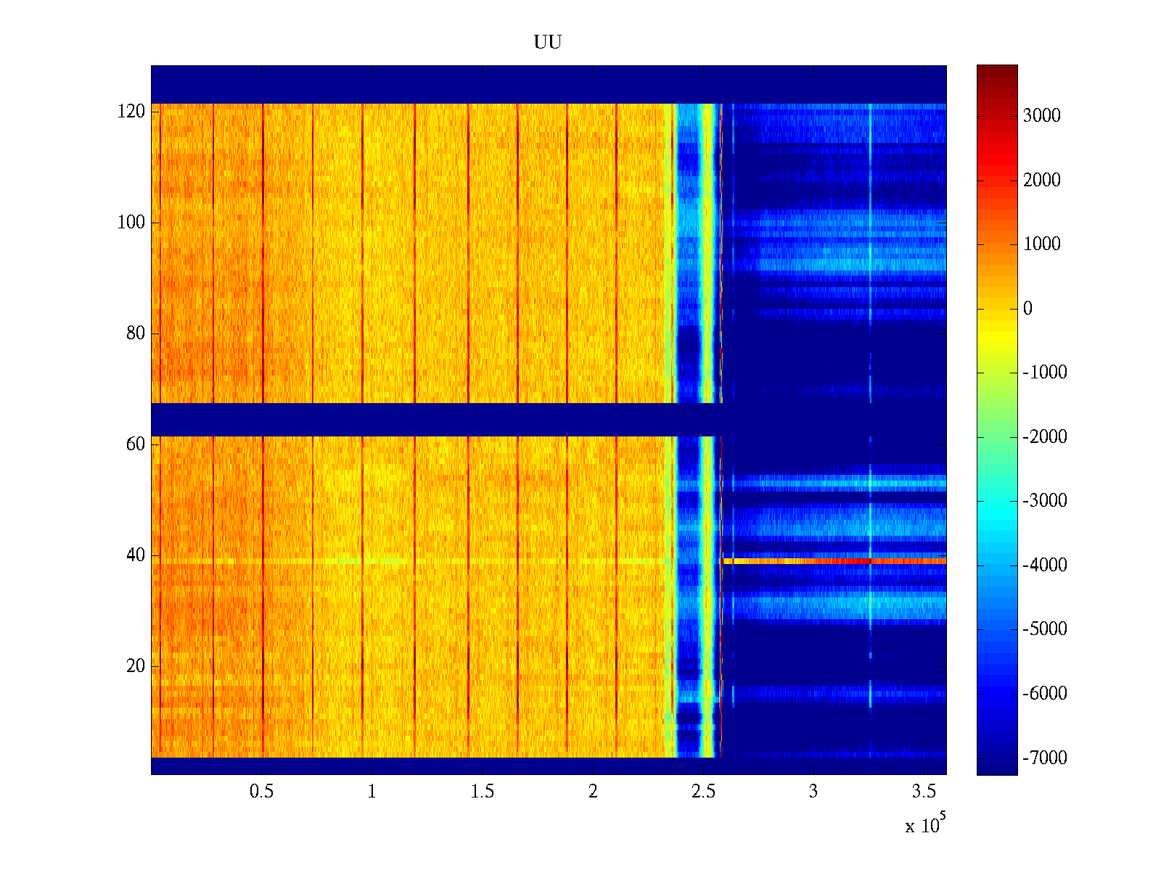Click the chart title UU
[x=548, y=43]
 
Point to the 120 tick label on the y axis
[x=131, y=112]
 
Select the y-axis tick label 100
[x=131, y=223]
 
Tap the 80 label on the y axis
[x=136, y=333]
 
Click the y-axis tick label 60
[x=136, y=444]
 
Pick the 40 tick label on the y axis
[x=136, y=555]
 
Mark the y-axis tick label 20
[x=136, y=666]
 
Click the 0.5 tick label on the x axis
[x=261, y=792]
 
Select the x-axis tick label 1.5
[x=482, y=792]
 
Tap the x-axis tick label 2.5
[x=703, y=792]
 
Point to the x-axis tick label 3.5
[x=924, y=792]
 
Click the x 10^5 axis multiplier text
[x=924, y=824]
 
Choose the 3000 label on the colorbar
[x=1041, y=116]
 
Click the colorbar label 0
[x=1027, y=309]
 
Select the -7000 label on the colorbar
[x=1045, y=758]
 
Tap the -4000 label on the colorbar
[x=1045, y=565]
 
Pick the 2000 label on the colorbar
[x=1041, y=181]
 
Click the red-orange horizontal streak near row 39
[x=834, y=561]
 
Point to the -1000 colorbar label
[x=1045, y=373]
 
